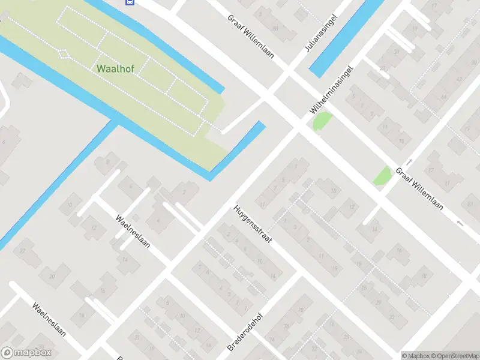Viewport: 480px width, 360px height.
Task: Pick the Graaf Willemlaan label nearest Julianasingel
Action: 250,35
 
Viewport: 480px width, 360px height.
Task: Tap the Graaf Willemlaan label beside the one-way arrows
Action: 419,187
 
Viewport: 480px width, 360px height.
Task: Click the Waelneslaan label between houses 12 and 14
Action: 133,232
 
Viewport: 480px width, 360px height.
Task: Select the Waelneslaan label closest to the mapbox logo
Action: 49,322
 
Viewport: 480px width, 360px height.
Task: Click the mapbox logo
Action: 26,353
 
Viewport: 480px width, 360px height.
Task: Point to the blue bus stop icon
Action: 128,2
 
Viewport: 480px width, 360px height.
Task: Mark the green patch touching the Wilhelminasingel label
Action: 322,121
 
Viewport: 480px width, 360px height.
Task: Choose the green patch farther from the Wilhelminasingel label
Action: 382,176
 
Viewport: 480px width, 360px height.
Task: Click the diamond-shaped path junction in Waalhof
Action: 64,53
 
